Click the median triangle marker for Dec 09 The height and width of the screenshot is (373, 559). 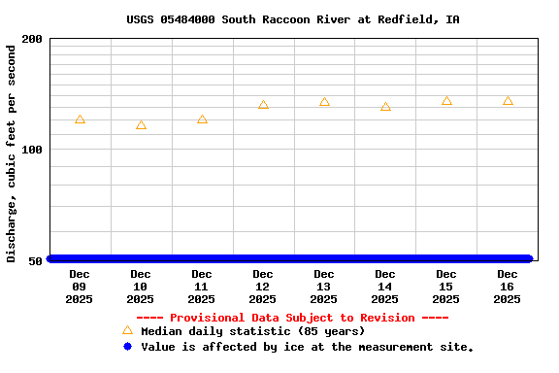[x=80, y=119]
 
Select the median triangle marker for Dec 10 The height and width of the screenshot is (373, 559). [x=141, y=125]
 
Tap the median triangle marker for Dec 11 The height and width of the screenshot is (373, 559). [x=202, y=119]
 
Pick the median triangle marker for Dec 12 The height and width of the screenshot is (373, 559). [x=263, y=105]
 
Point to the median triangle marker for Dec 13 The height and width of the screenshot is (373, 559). [x=324, y=102]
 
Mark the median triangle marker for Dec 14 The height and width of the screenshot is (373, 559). [x=385, y=107]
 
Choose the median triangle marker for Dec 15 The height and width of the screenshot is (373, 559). [x=446, y=101]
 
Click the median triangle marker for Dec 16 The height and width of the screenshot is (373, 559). [x=508, y=101]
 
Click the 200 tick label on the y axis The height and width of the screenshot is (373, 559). [x=32, y=39]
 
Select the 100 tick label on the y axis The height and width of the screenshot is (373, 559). [x=32, y=150]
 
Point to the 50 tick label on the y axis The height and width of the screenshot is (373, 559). [x=36, y=260]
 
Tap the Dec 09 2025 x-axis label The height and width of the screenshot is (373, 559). [x=80, y=287]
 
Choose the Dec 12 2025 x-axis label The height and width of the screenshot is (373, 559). [x=263, y=287]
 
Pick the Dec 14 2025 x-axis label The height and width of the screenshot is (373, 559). [x=385, y=287]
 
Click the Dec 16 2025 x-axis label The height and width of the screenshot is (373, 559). [x=508, y=287]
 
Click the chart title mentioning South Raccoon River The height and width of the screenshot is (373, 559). [x=293, y=19]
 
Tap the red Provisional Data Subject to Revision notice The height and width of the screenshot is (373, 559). [x=292, y=318]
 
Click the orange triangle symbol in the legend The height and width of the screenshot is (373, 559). [x=127, y=330]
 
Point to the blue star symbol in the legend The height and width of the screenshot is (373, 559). [x=127, y=346]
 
